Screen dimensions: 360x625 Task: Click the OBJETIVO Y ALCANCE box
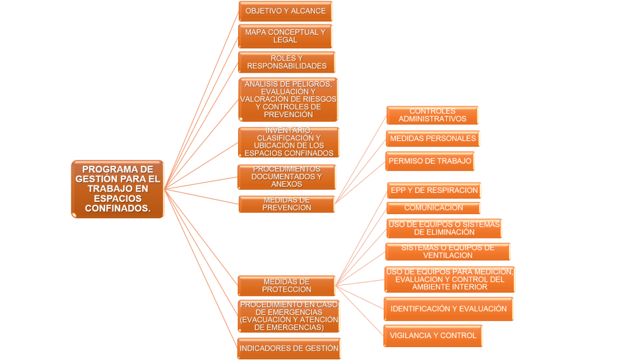point(285,11)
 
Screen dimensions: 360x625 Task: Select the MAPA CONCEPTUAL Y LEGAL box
point(285,36)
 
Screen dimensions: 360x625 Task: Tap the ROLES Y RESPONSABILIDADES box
point(286,62)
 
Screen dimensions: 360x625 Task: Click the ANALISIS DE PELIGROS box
point(288,99)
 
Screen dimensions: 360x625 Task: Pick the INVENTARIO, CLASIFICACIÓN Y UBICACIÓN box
point(289,142)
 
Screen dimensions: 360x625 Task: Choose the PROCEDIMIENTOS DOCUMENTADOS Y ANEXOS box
point(286,177)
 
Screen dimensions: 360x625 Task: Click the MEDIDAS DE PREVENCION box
point(286,204)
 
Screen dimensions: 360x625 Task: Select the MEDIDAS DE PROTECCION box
point(286,286)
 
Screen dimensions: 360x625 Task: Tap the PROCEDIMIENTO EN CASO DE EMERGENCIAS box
point(289,316)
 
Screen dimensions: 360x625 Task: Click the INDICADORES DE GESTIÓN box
point(289,348)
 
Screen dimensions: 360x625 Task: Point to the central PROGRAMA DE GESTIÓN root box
point(118,189)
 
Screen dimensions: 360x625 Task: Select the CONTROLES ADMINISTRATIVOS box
point(432,115)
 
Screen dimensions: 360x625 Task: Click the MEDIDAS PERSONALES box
point(432,139)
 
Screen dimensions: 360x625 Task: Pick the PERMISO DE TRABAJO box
point(430,161)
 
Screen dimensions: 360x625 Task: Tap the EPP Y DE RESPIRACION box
point(434,190)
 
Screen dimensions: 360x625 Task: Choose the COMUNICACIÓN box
point(433,208)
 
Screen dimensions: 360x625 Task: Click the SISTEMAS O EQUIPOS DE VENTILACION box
point(447,251)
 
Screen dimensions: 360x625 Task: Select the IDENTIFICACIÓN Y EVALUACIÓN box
point(448,309)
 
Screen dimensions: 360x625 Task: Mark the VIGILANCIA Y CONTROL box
point(433,336)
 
